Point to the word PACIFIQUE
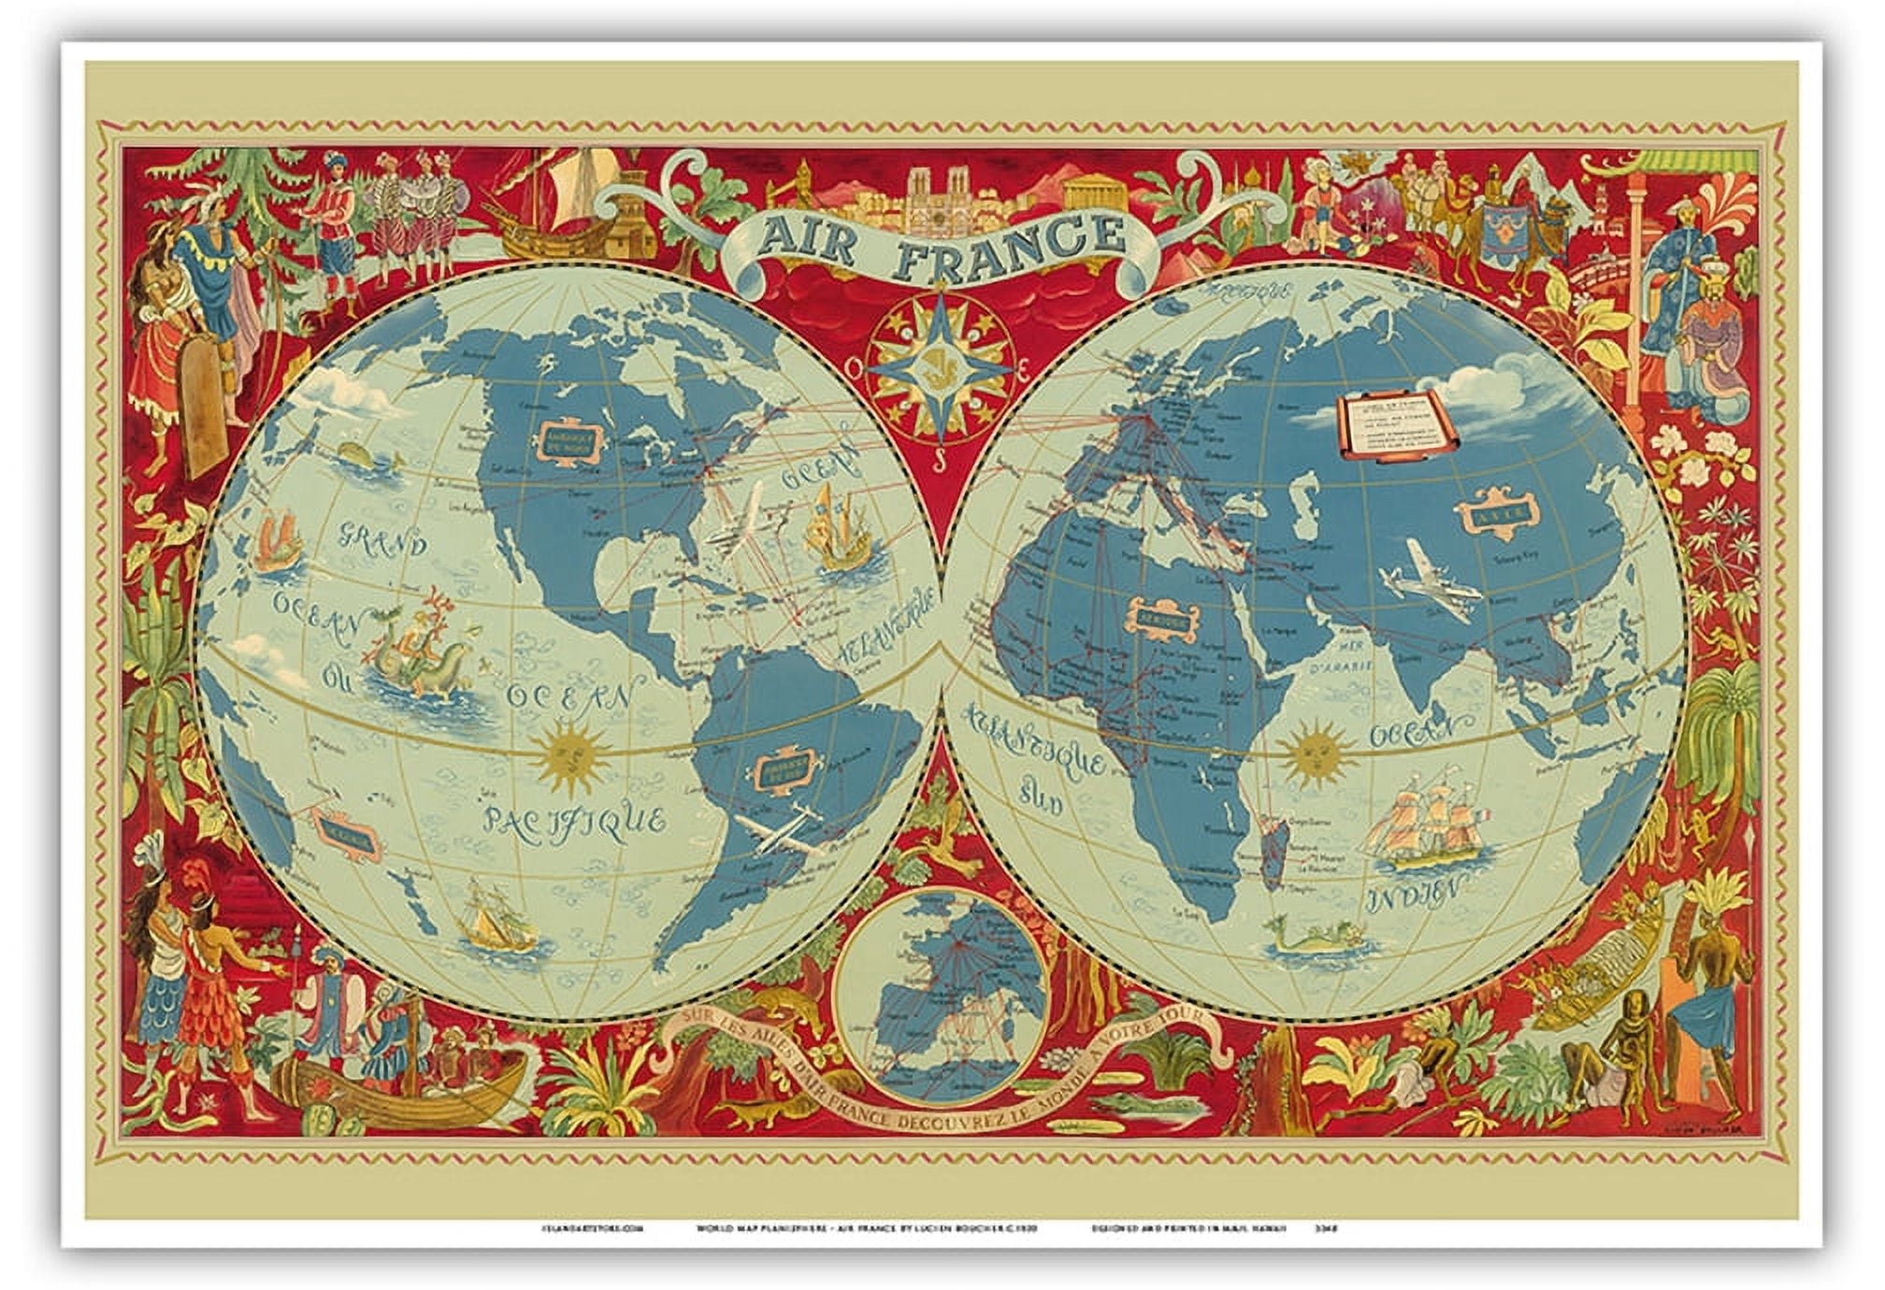574,817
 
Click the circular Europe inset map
942,995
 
